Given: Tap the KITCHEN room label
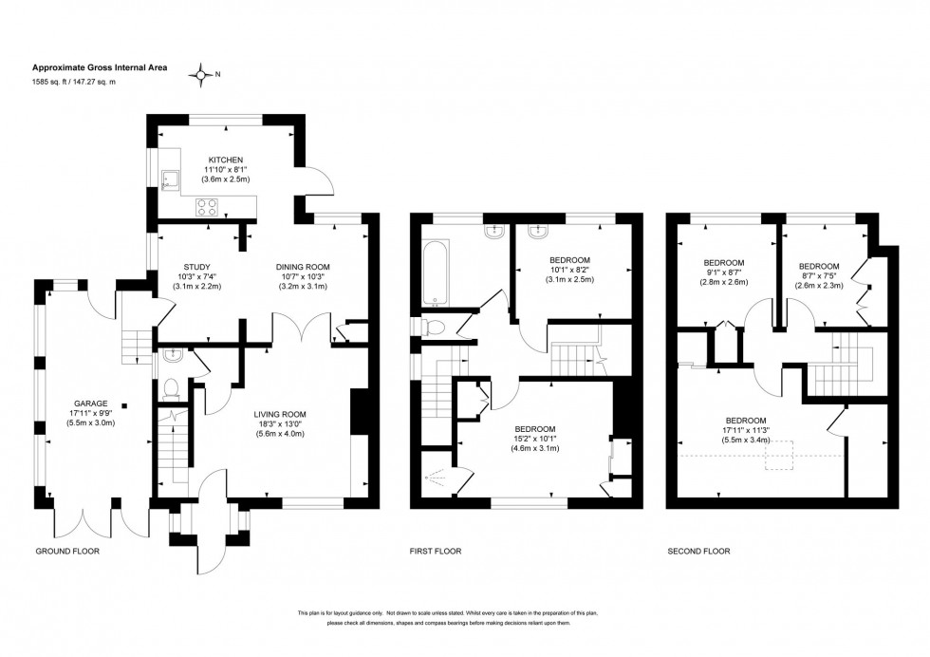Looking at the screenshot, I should tap(226, 160).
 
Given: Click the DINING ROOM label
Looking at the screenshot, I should tap(302, 267).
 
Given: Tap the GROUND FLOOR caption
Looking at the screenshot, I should tap(67, 551).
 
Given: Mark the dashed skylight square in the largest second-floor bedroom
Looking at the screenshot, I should tap(780, 459).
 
